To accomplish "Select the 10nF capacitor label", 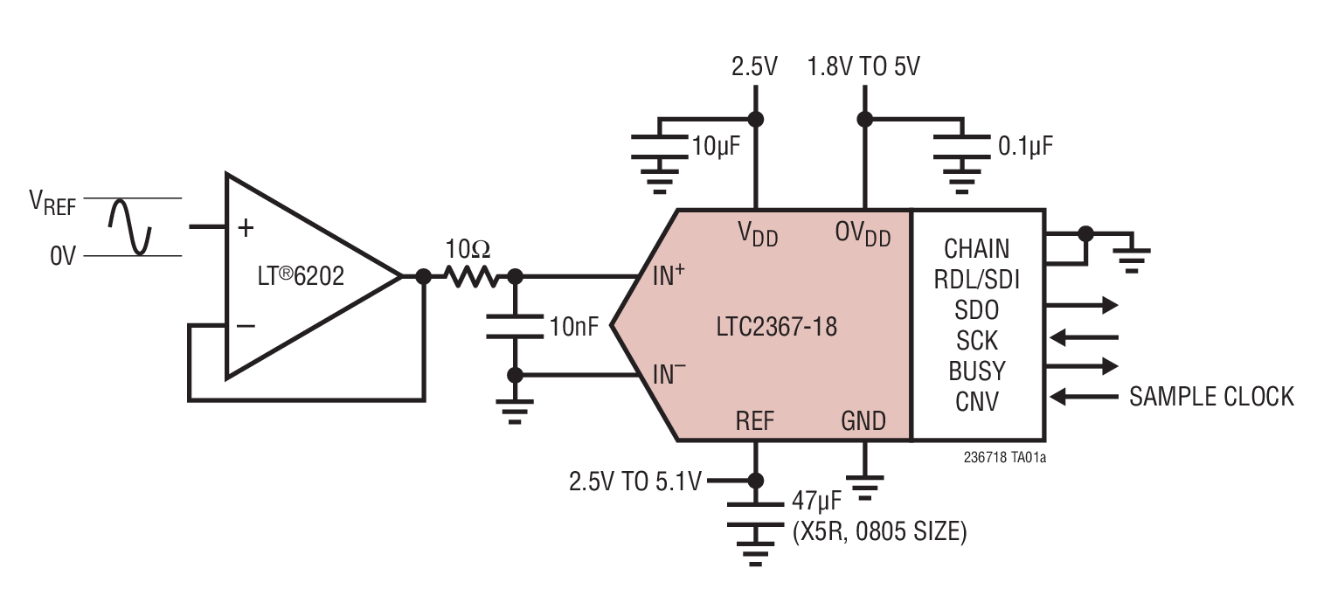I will (x=574, y=328).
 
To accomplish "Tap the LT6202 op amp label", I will (x=296, y=277).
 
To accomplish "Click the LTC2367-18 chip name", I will (x=775, y=328).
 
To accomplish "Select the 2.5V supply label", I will (x=753, y=66).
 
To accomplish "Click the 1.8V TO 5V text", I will (x=863, y=66).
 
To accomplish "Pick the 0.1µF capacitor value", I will (x=1025, y=146).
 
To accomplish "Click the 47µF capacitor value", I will (x=817, y=502).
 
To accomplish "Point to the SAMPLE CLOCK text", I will (x=1210, y=397).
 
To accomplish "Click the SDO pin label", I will (x=977, y=309).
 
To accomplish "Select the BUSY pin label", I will (x=977, y=371).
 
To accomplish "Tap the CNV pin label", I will (x=977, y=401).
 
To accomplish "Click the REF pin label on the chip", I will (x=755, y=421).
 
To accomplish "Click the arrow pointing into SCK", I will (x=1084, y=336).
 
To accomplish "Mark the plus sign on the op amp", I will (x=246, y=228).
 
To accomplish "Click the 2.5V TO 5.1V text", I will (x=634, y=481).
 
